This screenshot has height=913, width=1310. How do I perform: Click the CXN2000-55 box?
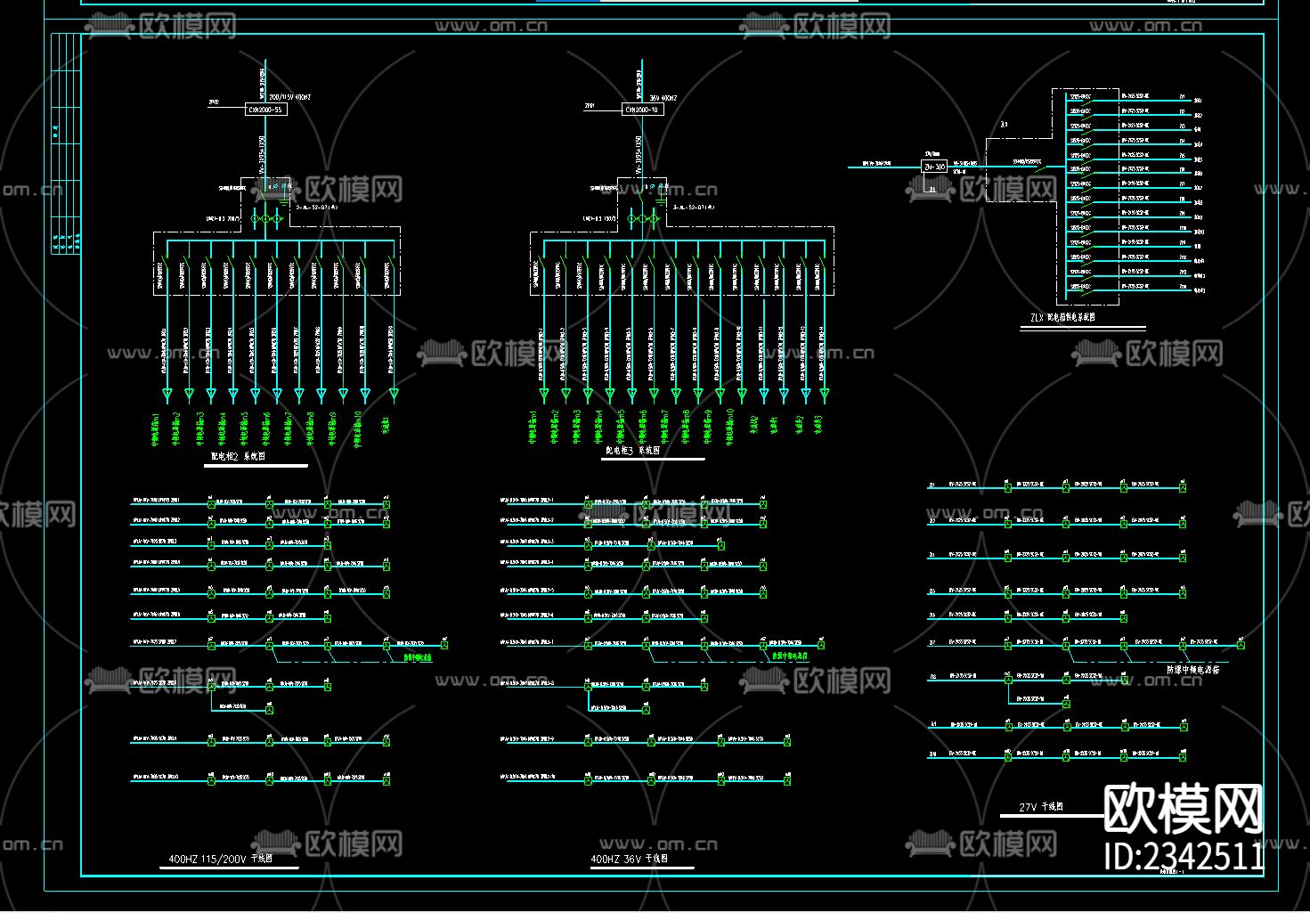[265, 110]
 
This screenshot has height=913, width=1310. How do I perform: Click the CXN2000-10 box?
[641, 110]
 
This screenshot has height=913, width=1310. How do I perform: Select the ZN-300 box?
[933, 167]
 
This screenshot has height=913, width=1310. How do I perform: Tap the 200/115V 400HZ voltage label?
[289, 96]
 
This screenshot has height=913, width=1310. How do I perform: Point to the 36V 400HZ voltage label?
[663, 97]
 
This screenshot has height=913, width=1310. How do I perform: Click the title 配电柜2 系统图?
[238, 456]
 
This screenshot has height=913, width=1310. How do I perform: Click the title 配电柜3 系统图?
[633, 451]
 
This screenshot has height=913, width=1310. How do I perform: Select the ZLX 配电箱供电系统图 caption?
[1063, 317]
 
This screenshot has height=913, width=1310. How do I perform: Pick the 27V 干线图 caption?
[1041, 807]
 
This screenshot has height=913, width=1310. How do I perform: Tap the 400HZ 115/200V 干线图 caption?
[221, 860]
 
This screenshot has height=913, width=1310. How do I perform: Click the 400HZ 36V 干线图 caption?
[630, 860]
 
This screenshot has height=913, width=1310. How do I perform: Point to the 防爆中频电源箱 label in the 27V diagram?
[1193, 669]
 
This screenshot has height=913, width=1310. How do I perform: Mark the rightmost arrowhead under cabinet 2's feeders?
[394, 394]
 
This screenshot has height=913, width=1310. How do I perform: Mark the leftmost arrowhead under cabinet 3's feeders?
[543, 394]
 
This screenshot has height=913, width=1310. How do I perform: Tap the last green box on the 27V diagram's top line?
[1183, 487]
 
